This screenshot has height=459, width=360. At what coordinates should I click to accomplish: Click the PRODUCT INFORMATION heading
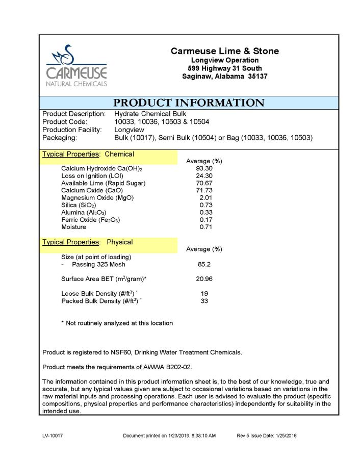pyautogui.click(x=189, y=103)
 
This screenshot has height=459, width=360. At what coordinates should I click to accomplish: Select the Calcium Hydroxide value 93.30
pyautogui.click(x=204, y=168)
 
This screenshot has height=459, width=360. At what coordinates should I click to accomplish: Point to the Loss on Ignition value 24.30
pyautogui.click(x=204, y=176)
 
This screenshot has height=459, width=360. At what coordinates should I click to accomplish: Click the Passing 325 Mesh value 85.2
pyautogui.click(x=204, y=265)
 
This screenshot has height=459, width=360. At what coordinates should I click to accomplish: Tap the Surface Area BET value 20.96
pyautogui.click(x=204, y=279)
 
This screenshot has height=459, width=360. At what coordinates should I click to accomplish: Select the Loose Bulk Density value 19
pyautogui.click(x=204, y=294)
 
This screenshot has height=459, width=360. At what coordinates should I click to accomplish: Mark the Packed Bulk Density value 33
pyautogui.click(x=204, y=301)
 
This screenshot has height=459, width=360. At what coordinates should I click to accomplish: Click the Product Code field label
pyautogui.click(x=65, y=122)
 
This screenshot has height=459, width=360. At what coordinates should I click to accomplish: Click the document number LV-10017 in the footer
pyautogui.click(x=53, y=436)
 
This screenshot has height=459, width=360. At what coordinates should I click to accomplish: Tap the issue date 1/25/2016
pyautogui.click(x=286, y=436)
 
